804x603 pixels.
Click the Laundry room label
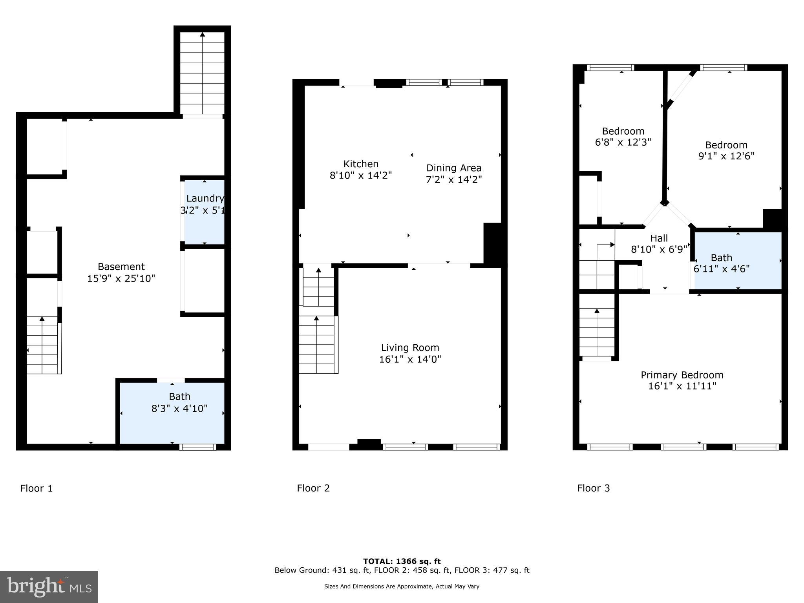[x=205, y=199]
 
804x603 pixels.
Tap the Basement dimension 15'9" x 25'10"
[x=121, y=279]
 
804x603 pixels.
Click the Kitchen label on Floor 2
[x=361, y=164]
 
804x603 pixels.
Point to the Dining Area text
[x=454, y=168]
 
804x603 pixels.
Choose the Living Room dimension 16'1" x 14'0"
[x=410, y=359]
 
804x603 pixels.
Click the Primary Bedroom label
[x=682, y=375]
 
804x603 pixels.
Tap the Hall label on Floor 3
[x=659, y=238]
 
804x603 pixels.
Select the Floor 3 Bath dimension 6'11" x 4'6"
[x=722, y=269]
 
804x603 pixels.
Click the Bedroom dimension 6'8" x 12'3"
[x=623, y=142]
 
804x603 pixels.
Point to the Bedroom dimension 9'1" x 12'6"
[x=726, y=156]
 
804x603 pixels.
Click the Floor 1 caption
[x=37, y=488]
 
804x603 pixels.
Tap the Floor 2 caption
[x=313, y=488]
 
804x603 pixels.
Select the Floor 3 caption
[x=593, y=488]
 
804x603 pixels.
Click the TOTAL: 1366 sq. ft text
[x=402, y=561]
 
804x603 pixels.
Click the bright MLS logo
[x=49, y=587]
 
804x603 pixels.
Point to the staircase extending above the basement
[x=202, y=73]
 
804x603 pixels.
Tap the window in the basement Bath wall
[x=198, y=447]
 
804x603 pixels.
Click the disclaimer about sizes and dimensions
[x=402, y=587]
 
